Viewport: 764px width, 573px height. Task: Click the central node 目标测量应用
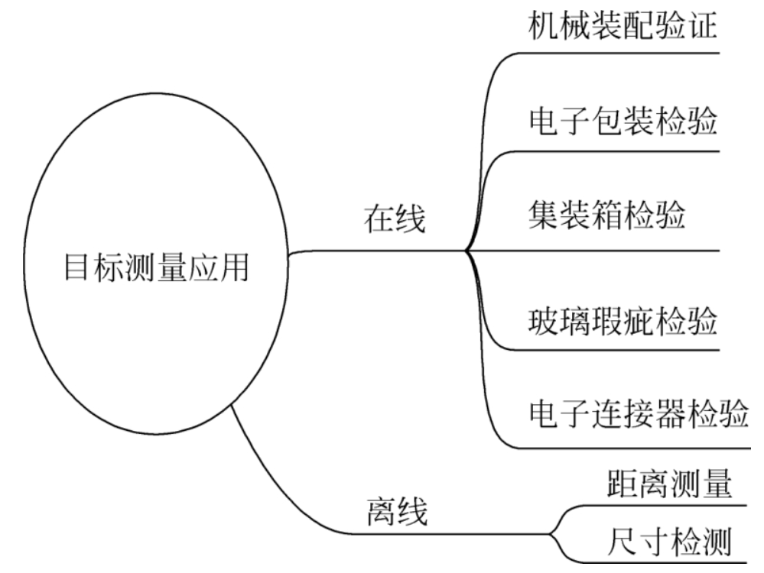155,269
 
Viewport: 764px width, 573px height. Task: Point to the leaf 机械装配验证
623,25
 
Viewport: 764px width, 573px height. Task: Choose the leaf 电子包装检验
623,121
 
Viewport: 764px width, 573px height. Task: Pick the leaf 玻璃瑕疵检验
623,321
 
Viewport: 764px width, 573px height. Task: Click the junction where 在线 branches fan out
466,251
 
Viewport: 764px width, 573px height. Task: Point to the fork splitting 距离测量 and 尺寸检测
552,533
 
